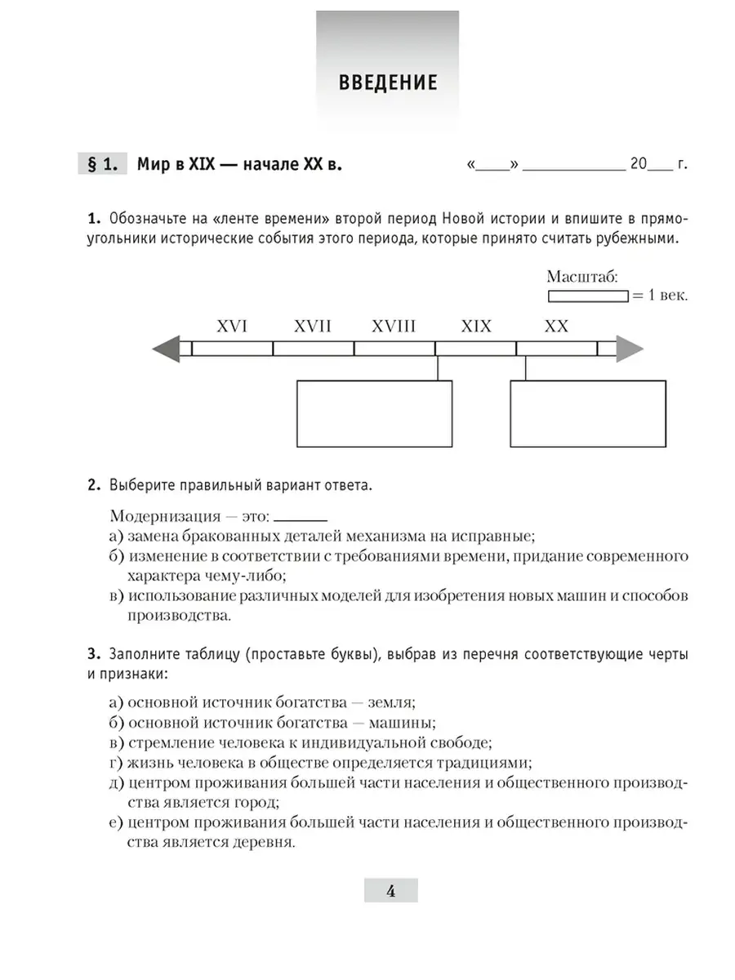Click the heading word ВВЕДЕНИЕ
click(387, 82)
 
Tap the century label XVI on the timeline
click(232, 327)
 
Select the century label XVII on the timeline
click(312, 327)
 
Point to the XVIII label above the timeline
click(394, 327)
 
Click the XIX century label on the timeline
click(476, 327)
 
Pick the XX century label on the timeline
click(556, 327)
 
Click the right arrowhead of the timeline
click(630, 349)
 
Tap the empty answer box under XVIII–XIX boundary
click(374, 413)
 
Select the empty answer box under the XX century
click(588, 413)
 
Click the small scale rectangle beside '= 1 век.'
click(587, 296)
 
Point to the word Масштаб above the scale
click(582, 277)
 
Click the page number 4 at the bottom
click(390, 891)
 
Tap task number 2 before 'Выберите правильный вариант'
click(93, 485)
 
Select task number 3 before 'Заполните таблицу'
click(93, 655)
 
